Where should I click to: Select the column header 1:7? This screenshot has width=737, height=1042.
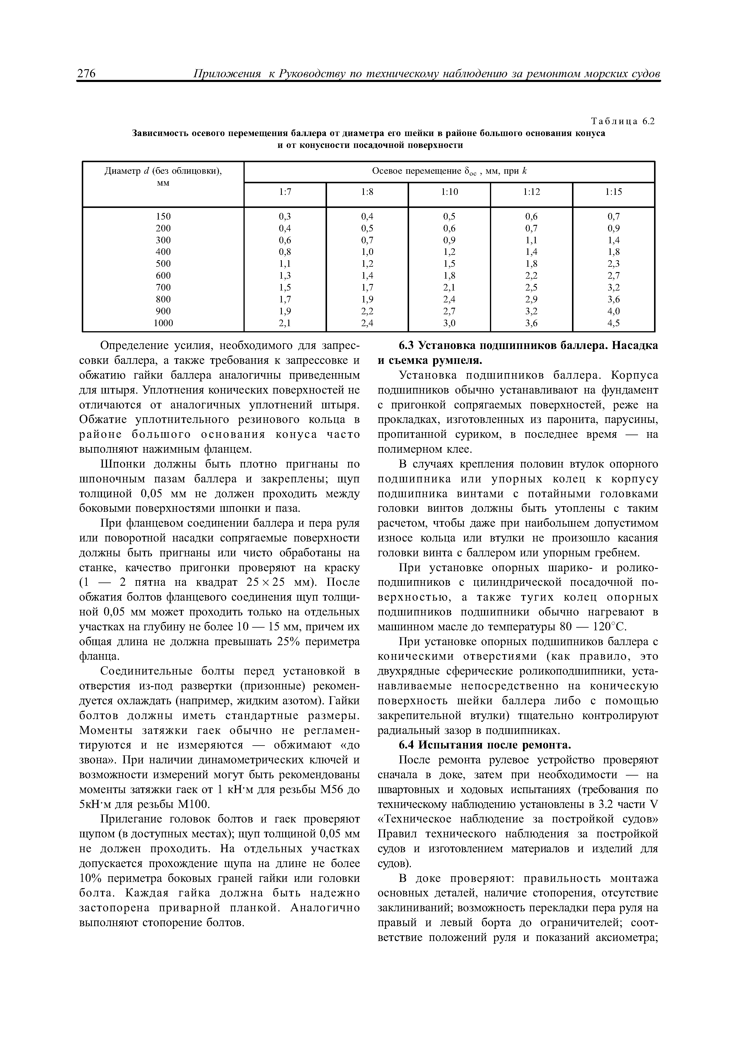coord(285,192)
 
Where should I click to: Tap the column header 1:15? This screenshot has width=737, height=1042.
coord(614,192)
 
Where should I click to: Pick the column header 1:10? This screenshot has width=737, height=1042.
coord(450,192)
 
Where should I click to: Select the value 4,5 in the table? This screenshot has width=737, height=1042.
coord(614,323)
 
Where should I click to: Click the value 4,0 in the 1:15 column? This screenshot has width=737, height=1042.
coord(614,311)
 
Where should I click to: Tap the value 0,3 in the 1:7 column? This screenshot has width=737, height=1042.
coord(285,217)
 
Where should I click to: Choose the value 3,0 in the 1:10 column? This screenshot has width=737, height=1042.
coord(450,323)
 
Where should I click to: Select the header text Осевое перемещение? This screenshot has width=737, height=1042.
coord(416,171)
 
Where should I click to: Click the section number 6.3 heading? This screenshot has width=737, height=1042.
coord(406,345)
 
